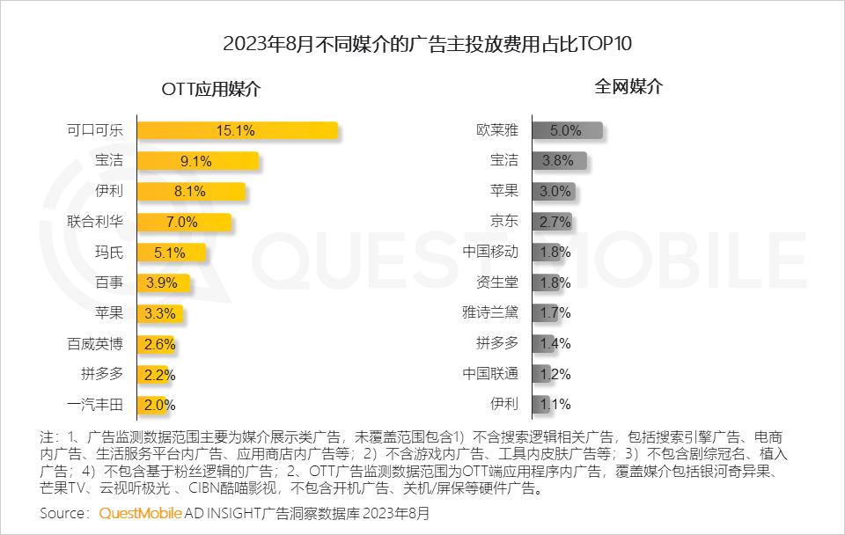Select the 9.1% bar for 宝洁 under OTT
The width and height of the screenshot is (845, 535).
198,161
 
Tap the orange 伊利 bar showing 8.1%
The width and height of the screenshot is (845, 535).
192,191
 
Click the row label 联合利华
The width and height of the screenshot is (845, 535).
95,221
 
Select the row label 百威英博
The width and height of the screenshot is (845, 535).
95,343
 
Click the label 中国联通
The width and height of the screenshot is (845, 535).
490,373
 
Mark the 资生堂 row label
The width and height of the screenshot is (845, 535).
497,282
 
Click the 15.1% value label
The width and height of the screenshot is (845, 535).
236,130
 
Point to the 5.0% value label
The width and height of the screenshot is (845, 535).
566,130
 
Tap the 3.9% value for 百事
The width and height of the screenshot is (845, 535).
161,282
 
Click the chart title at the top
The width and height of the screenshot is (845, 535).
422,45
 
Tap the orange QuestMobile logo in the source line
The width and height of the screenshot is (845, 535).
141,513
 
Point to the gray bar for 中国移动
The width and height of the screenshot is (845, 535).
547,252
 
